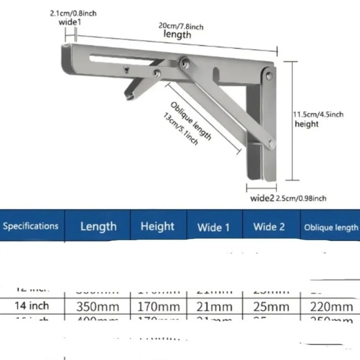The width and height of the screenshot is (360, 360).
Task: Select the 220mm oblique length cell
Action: tap(330, 306)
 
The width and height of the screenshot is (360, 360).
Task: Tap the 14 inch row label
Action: tap(30, 306)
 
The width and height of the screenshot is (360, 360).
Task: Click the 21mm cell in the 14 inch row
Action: tap(214, 306)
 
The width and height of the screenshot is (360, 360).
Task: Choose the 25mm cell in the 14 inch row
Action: tap(270, 306)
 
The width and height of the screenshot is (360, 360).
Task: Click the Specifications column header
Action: tap(30, 226)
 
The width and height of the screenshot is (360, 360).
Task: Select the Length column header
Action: tap(98, 226)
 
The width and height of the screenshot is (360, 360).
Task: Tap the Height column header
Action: tap(157, 226)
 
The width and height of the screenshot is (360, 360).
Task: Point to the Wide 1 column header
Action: tap(214, 227)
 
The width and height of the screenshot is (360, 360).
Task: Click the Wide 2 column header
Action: tap(269, 227)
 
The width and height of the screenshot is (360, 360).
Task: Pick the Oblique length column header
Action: tap(331, 227)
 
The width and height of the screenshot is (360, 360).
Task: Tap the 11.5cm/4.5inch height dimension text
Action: tap(317, 114)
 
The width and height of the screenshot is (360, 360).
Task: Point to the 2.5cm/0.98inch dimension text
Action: tap(302, 198)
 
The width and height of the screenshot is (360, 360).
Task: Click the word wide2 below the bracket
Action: tap(262, 198)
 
